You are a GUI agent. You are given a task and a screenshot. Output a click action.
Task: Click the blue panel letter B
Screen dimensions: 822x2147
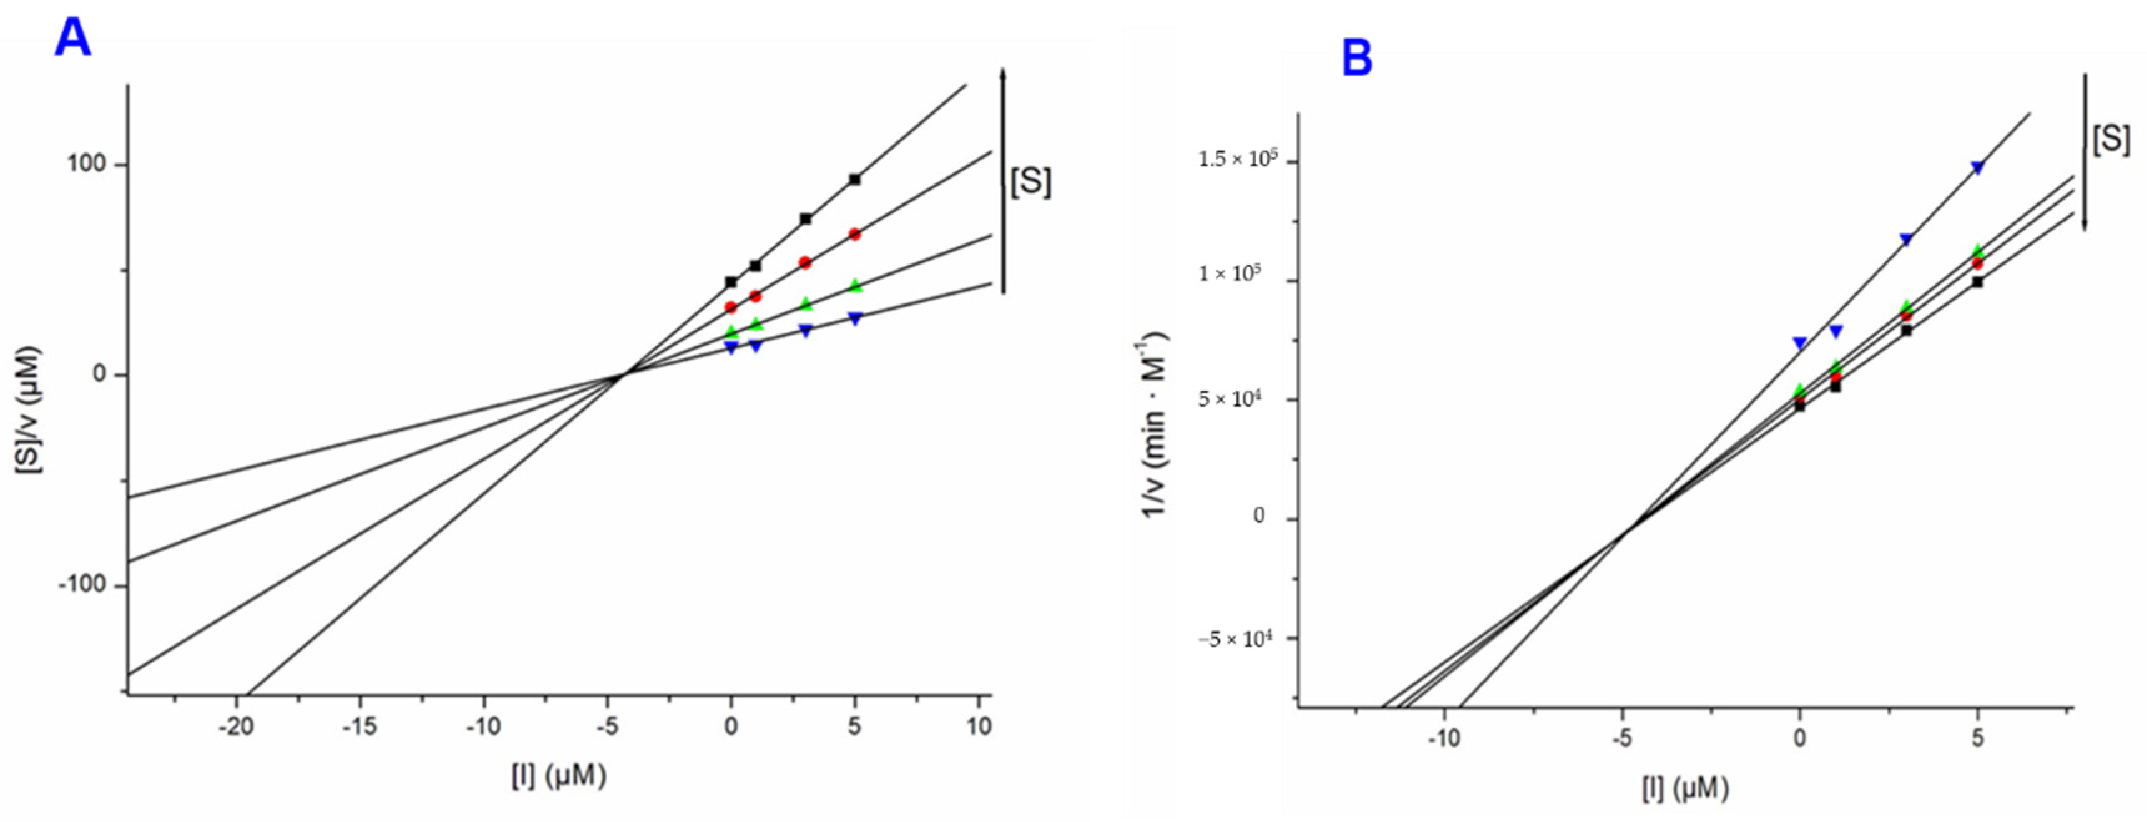click(1357, 60)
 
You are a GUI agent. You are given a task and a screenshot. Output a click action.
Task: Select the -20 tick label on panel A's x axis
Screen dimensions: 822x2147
click(236, 727)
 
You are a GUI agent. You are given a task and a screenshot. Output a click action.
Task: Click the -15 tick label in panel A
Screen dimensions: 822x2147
click(359, 727)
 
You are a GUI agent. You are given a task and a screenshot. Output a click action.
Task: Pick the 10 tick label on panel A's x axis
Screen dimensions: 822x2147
click(979, 727)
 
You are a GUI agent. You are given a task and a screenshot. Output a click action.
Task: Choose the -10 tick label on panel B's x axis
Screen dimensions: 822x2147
click(1444, 738)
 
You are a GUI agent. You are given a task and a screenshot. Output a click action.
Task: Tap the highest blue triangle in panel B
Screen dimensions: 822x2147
click(1978, 167)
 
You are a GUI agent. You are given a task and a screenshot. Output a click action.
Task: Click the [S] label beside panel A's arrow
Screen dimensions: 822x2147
click(1030, 182)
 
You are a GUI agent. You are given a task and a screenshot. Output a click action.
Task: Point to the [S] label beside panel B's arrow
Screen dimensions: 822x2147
click(2110, 139)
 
